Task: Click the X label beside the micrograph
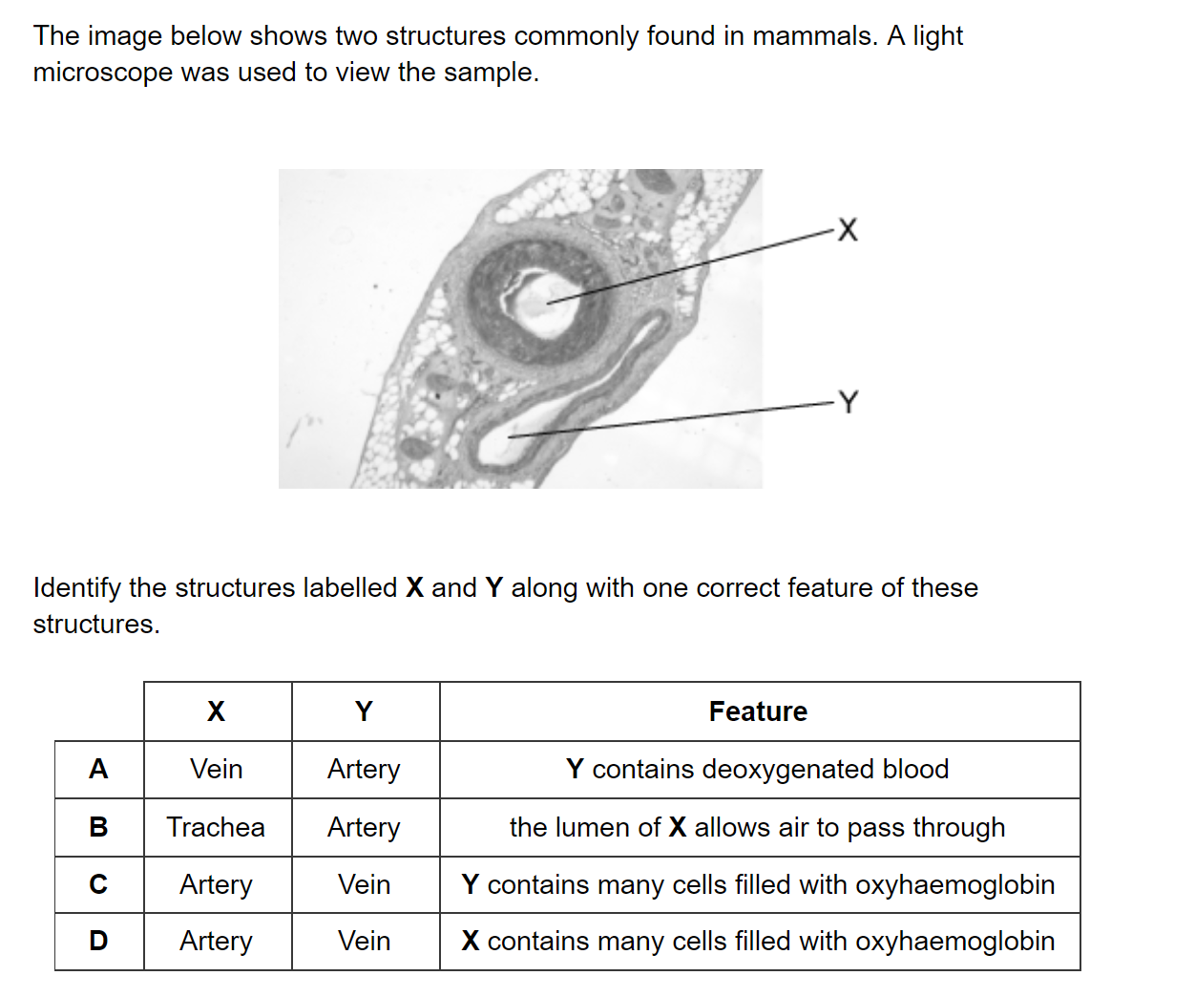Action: click(x=848, y=229)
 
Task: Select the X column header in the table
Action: click(x=216, y=711)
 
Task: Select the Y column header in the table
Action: click(x=364, y=711)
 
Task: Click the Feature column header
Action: click(x=758, y=711)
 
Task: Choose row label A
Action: click(x=98, y=769)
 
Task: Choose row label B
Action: click(x=98, y=827)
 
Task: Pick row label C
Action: click(x=98, y=884)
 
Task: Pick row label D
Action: click(x=98, y=941)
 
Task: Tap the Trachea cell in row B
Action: click(x=216, y=827)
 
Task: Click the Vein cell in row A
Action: click(x=216, y=769)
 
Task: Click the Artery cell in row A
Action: click(x=364, y=770)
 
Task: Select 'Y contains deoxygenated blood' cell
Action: click(x=758, y=770)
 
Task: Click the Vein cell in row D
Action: click(x=364, y=941)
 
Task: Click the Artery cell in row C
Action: click(x=216, y=885)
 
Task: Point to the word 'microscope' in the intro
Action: click(x=102, y=73)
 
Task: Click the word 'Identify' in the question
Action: click(x=77, y=588)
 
